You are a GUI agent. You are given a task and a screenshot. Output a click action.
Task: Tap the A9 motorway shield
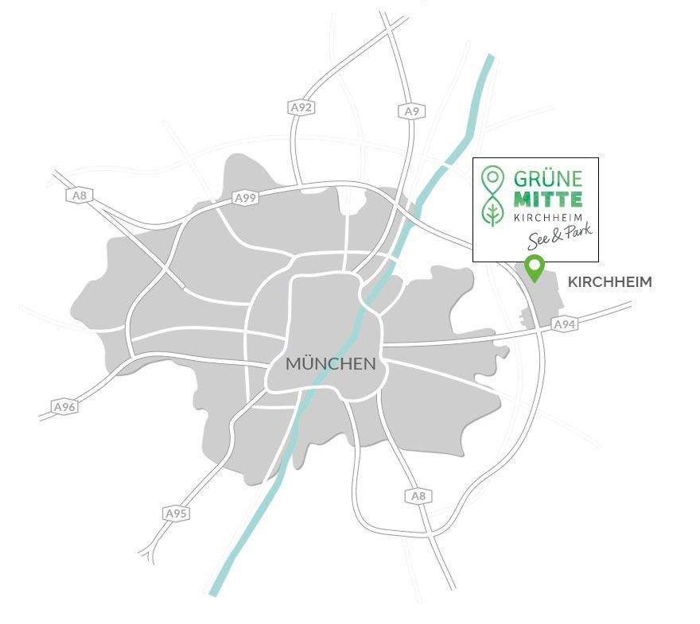(410, 111)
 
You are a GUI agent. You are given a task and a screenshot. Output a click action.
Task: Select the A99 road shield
(246, 198)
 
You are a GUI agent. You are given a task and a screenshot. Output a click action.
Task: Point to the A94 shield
(564, 324)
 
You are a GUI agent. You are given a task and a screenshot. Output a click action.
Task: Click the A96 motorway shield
(64, 407)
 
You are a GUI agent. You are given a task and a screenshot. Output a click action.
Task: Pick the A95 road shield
(176, 514)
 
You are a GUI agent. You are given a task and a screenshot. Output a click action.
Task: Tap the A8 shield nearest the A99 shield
(79, 196)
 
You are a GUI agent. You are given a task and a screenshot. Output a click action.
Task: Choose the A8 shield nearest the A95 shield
(418, 496)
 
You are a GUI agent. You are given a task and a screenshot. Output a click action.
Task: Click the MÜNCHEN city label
(330, 365)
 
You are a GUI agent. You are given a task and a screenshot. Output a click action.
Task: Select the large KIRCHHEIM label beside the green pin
(609, 282)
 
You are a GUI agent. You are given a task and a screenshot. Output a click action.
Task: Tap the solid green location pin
(535, 268)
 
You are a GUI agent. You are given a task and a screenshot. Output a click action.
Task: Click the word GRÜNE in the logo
(547, 177)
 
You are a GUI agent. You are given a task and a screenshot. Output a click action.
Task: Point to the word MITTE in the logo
(547, 199)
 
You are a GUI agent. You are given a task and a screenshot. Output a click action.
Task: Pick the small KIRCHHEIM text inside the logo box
(547, 218)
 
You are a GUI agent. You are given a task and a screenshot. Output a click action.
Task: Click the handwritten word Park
(576, 234)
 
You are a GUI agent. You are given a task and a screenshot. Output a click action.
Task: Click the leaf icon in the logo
(493, 211)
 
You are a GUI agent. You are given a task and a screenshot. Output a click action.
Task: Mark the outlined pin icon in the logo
(493, 179)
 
